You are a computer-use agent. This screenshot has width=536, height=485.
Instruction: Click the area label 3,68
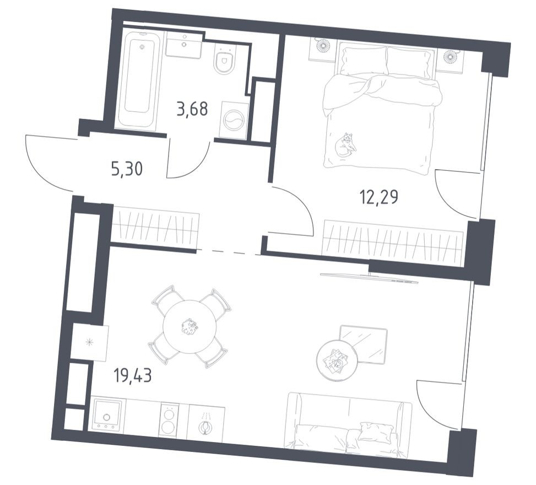[192, 109]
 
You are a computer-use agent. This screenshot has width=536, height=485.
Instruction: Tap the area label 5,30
[127, 169]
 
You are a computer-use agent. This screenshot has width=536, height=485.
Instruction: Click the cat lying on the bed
[346, 145]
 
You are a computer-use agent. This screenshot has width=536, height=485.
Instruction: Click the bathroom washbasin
[184, 44]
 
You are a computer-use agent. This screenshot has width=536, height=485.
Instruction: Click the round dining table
[190, 327]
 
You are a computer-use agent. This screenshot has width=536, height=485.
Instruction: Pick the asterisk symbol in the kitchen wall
[89, 343]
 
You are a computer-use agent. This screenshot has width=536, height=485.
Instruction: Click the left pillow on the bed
[362, 60]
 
